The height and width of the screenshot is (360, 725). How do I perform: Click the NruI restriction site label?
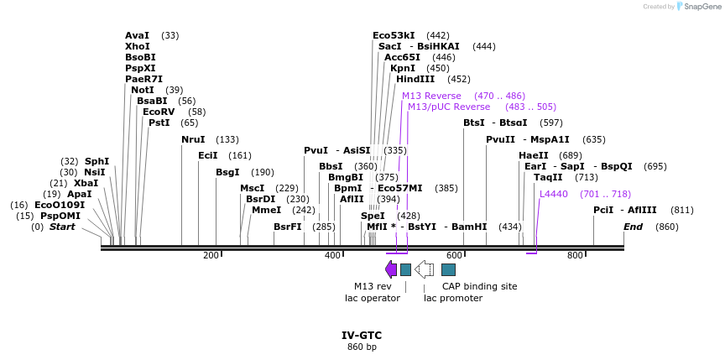pyautogui.click(x=193, y=139)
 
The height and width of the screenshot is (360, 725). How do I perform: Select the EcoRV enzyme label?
pyautogui.click(x=159, y=112)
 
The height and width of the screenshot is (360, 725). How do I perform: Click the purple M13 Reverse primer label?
pyautogui.click(x=431, y=96)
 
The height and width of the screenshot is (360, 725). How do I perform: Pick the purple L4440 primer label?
pyautogui.click(x=554, y=194)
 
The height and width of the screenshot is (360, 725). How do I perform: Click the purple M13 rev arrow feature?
pyautogui.click(x=391, y=269)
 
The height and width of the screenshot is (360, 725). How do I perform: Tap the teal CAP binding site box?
pyautogui.click(x=449, y=269)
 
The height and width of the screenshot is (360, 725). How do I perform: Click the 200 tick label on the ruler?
pyautogui.click(x=211, y=255)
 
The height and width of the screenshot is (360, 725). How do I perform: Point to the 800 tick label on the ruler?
pyautogui.click(x=575, y=255)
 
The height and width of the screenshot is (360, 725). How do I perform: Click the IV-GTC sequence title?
pyautogui.click(x=362, y=335)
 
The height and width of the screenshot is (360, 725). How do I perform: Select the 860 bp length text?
pyautogui.click(x=362, y=347)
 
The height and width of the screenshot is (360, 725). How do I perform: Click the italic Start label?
pyautogui.click(x=62, y=227)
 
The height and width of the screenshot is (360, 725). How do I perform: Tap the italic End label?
pyautogui.click(x=633, y=227)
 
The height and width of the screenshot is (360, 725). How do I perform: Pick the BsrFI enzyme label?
pyautogui.click(x=287, y=227)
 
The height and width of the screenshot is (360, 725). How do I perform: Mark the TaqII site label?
pyautogui.click(x=548, y=177)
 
